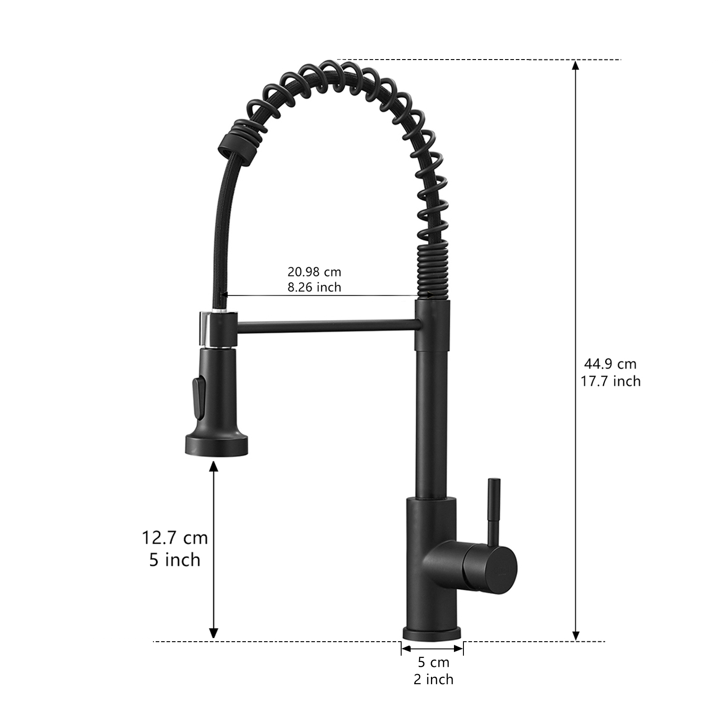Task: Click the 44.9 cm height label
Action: coord(611,364)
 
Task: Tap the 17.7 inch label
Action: coord(611,381)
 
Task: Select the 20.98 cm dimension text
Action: coord(315,272)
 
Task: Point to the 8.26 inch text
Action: coord(315,287)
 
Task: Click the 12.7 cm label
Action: coord(175,538)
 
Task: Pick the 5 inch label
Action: coord(175,560)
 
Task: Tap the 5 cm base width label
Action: coord(433,662)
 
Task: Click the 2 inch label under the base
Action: coord(433,679)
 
